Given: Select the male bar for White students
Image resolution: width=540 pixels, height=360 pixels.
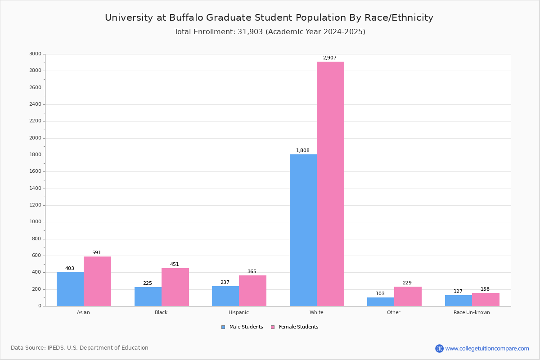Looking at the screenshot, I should coord(303,230).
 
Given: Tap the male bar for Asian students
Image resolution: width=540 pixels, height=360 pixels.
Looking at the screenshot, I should coord(70,289).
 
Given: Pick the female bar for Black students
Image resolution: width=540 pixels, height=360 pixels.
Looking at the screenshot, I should coord(175,287).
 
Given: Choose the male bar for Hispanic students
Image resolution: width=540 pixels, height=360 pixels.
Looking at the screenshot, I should coord(225,296).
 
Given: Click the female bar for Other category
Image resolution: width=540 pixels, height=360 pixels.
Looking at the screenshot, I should coord(408,296).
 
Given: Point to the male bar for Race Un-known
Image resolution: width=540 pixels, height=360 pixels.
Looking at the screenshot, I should coord(459,301).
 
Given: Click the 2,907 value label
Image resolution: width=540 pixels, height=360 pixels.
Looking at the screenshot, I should coord(329,58).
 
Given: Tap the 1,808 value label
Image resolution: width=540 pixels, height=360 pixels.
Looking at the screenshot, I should coord(303,151).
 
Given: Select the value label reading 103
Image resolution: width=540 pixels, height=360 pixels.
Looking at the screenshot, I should coord(380,294).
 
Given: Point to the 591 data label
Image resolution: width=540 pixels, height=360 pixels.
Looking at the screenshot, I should coord(97,253).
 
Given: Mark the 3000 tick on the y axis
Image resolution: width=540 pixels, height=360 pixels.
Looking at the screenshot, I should coord(36,54).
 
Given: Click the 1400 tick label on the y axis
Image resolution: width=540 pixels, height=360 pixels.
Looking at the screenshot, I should coord(36,189).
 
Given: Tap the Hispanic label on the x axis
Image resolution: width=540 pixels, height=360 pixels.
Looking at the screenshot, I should coord(238,312).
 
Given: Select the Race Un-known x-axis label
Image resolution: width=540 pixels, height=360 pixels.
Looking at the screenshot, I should coord(472,312).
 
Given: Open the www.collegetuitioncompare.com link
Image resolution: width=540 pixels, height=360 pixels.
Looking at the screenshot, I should coord(487,348).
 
